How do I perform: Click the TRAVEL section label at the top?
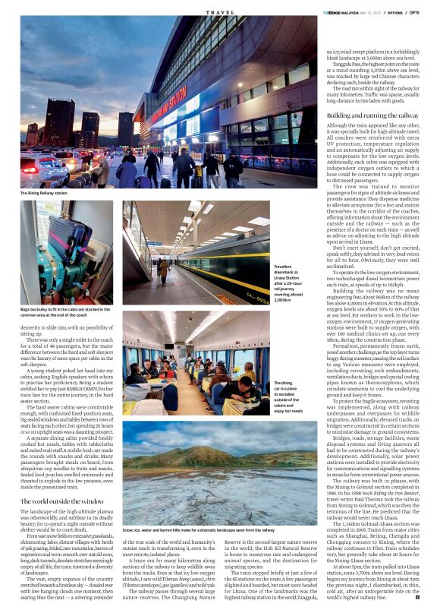[220, 12]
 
